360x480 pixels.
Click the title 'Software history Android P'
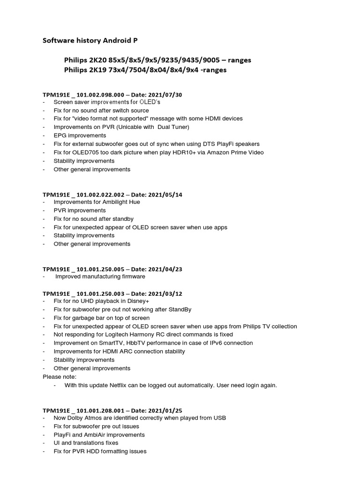point(90,41)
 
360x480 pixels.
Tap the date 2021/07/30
point(166,95)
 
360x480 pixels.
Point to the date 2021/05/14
point(166,195)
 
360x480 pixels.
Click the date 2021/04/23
point(166,269)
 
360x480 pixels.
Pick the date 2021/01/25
point(166,410)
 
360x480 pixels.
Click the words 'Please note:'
point(59,376)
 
